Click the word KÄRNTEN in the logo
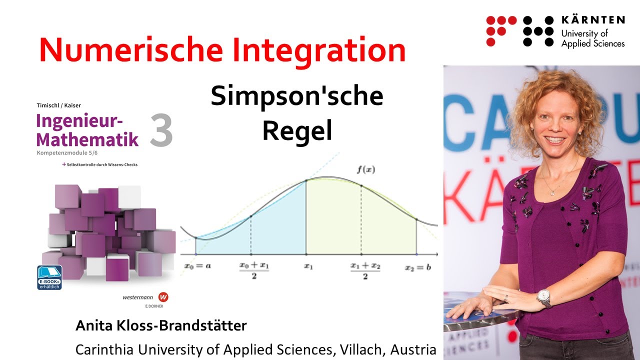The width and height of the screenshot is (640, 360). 593,20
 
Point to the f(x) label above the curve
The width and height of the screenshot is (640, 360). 365,169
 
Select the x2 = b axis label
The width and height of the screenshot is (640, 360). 417,267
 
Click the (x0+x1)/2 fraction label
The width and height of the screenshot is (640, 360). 254,270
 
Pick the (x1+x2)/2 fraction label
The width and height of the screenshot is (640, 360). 365,270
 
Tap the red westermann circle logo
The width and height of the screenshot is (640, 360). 162,296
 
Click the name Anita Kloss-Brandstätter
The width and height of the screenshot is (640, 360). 161,326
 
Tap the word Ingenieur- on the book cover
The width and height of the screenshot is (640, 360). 79,121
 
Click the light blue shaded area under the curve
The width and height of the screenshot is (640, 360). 280,225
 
